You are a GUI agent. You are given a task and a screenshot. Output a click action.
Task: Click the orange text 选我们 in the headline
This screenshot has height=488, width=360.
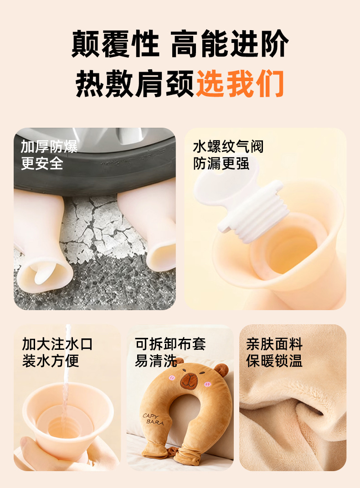point(240,84)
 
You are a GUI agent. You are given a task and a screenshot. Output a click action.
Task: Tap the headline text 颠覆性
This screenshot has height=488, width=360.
point(115,44)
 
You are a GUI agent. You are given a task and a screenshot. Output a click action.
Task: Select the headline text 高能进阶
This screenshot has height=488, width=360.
point(230,44)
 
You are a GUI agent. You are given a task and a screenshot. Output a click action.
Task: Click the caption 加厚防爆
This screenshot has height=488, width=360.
point(49,146)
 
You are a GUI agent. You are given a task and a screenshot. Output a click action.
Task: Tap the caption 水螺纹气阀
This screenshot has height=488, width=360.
point(228,146)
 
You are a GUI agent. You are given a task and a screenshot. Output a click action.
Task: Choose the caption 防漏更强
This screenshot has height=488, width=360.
point(221,163)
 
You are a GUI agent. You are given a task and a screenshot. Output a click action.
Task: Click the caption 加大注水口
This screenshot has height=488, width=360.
point(57,344)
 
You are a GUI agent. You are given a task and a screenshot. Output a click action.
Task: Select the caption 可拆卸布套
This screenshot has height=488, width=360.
point(170,344)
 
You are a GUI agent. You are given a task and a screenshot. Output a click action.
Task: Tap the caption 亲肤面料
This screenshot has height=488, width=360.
point(274,344)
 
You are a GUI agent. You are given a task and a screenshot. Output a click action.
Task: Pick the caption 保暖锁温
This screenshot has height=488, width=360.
point(274,361)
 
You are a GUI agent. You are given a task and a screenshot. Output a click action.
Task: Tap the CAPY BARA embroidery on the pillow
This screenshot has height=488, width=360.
point(153,419)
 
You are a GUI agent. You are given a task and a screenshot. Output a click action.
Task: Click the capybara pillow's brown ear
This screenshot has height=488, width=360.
point(221,369)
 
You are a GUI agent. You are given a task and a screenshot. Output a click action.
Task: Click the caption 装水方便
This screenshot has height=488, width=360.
point(51,361)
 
